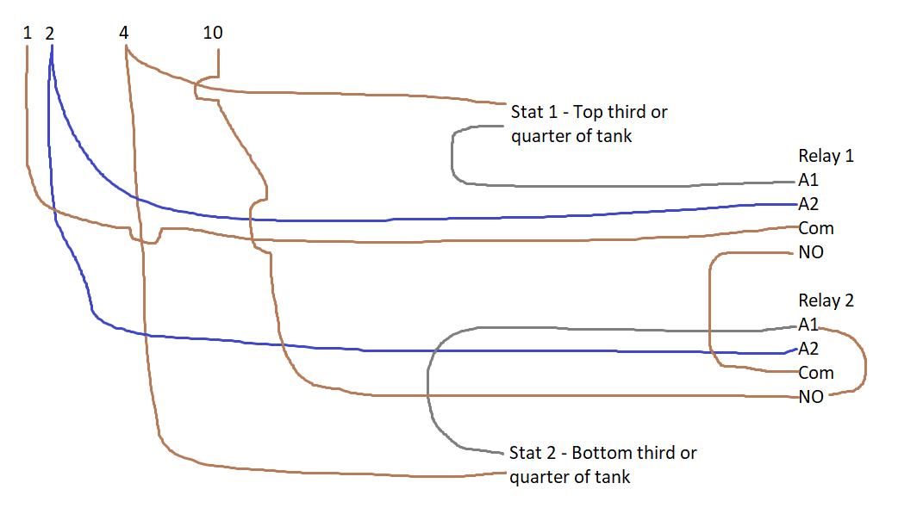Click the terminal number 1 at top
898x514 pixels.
(27, 33)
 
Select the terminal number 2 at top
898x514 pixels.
(50, 34)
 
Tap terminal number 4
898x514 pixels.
(124, 33)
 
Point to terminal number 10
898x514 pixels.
(213, 33)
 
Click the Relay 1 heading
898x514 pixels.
(826, 156)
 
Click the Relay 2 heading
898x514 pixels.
(826, 300)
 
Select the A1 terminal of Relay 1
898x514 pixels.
(808, 180)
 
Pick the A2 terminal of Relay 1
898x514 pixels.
(808, 204)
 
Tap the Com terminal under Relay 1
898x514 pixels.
(816, 228)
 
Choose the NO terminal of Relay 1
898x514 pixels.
(811, 252)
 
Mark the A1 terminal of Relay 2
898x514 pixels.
(808, 325)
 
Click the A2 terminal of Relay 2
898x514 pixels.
(808, 349)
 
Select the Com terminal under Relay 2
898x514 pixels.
(816, 373)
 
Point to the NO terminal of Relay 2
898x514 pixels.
(811, 397)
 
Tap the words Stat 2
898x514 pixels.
(533, 453)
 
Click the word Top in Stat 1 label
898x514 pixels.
(588, 112)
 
